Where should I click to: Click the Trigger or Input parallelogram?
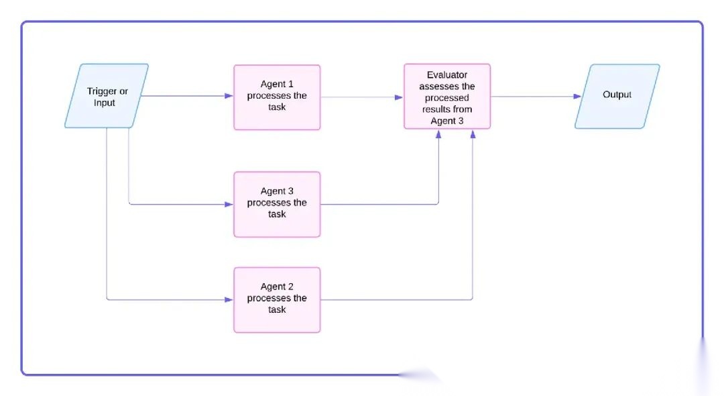tap(107, 96)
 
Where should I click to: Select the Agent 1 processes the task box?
tap(277, 97)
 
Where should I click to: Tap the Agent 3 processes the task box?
tap(277, 204)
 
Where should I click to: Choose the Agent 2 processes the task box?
tap(277, 299)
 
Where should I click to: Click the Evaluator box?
tap(447, 96)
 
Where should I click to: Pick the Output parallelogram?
tap(617, 96)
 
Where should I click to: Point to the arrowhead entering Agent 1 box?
tap(229, 96)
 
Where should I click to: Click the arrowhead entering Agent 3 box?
tap(229, 204)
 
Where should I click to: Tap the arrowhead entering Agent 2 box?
tap(229, 299)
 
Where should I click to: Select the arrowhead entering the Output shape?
tap(577, 97)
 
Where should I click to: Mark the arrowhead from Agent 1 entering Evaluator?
tap(400, 97)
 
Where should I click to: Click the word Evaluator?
tap(447, 75)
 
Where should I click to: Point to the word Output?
tap(617, 95)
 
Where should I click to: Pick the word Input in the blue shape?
tap(105, 103)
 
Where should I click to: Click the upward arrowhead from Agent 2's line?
tap(473, 134)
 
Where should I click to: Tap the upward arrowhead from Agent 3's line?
tap(439, 134)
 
